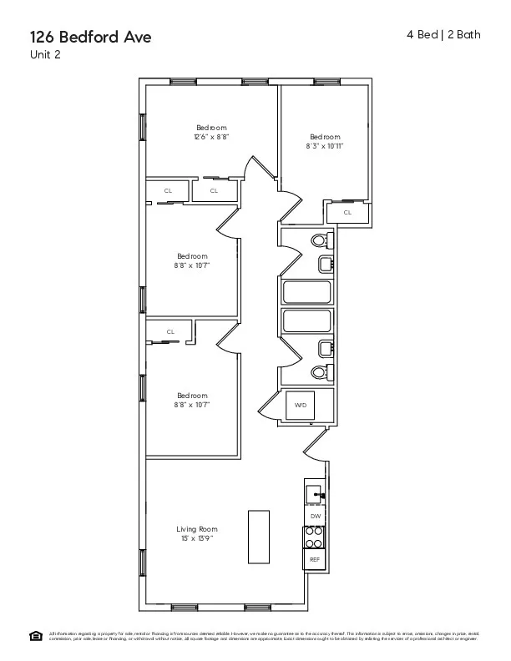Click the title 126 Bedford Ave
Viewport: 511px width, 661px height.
tap(91, 37)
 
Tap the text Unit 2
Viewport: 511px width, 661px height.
tap(44, 55)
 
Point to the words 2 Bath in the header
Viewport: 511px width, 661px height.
tap(464, 35)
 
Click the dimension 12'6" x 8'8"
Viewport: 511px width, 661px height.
tap(211, 136)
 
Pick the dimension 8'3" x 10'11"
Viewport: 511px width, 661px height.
tap(325, 145)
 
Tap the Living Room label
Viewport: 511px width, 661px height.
tap(196, 529)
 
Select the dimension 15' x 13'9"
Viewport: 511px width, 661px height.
tap(196, 538)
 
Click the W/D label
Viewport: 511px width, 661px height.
tap(301, 405)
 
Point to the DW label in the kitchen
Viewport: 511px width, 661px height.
tap(315, 517)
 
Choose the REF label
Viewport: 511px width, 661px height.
tap(315, 559)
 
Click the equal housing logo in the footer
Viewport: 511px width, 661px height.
tap(36, 636)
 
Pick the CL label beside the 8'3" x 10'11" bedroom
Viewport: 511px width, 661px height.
tap(347, 212)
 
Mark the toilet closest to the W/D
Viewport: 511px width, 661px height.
tap(320, 372)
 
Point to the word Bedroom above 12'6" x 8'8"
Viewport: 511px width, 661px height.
tap(211, 128)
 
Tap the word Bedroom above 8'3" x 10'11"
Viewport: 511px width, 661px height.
tap(325, 137)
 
